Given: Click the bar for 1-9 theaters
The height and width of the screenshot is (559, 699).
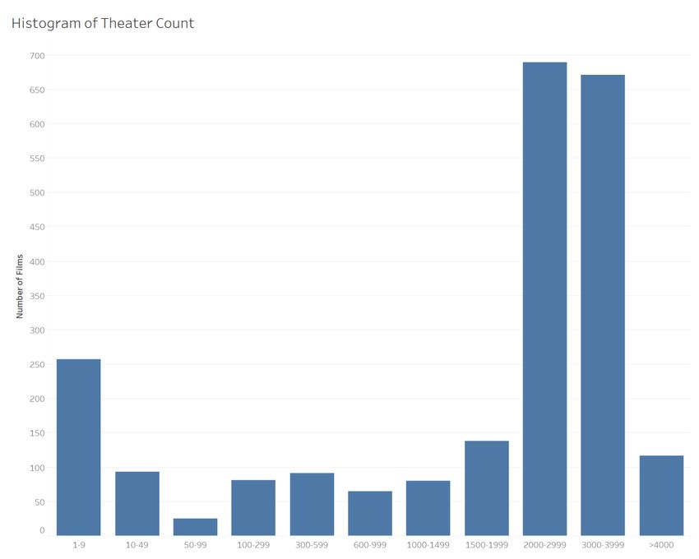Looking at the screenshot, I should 78,447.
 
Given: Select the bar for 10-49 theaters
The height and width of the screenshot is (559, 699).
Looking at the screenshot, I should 137,503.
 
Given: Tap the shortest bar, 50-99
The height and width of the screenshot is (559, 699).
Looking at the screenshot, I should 195,527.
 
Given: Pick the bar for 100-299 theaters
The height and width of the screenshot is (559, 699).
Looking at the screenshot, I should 253,507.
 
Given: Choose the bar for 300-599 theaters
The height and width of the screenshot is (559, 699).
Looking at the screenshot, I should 312,504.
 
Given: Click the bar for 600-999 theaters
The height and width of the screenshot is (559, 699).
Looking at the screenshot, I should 370,513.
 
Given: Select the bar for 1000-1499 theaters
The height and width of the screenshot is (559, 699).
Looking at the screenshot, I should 428,508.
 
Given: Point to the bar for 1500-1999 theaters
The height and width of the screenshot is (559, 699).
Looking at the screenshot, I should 486,488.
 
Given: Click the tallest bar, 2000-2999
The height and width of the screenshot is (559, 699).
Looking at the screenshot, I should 544,299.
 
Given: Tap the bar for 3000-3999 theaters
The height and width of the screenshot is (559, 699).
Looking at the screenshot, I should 603,305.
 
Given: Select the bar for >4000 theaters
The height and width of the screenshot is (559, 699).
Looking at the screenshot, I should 661,496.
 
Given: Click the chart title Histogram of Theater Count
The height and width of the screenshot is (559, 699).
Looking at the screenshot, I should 103,23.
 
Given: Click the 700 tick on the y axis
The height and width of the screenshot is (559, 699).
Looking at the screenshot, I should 37,56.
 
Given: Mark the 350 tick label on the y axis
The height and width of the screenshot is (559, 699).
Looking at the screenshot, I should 37,296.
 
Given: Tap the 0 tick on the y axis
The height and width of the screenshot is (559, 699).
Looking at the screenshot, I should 42,531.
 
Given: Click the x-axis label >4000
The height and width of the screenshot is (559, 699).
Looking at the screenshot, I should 661,545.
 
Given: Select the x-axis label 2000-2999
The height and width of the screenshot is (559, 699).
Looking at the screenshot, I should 544,545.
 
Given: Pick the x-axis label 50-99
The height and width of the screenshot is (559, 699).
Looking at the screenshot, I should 195,545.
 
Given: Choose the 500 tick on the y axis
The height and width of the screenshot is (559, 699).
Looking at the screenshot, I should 37,193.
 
